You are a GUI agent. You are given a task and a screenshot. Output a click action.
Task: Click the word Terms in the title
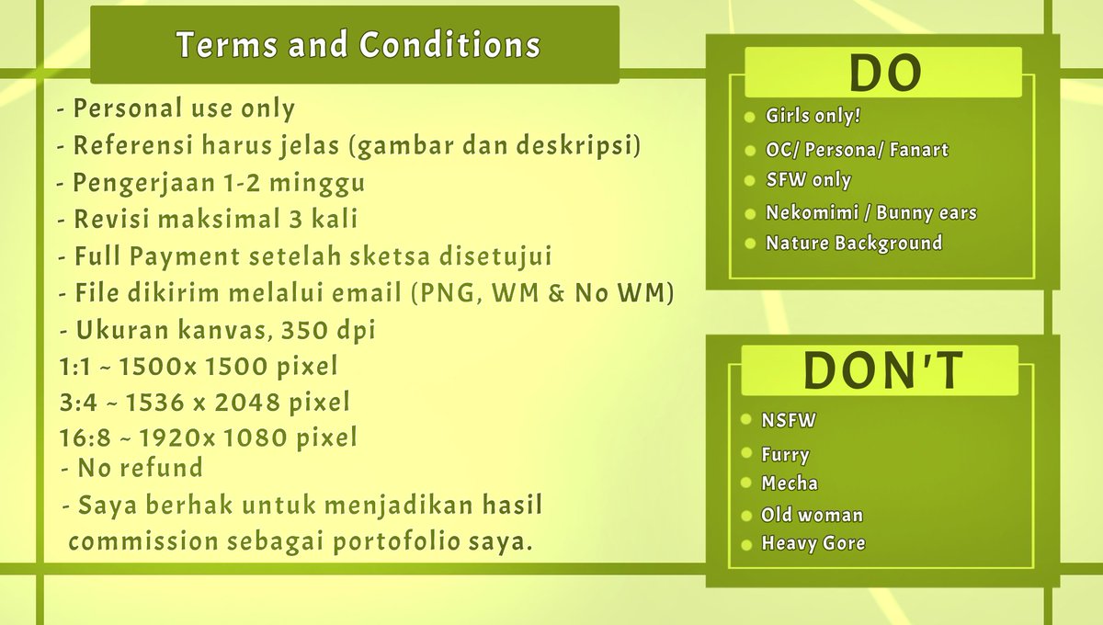click(227, 44)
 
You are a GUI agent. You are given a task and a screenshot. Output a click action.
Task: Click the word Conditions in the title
click(450, 44)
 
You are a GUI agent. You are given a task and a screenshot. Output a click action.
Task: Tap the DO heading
click(885, 74)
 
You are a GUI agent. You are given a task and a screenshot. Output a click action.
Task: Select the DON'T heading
click(883, 370)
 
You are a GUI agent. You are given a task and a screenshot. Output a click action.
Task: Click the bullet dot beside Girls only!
click(749, 118)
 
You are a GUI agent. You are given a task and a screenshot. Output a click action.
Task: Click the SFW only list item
click(809, 180)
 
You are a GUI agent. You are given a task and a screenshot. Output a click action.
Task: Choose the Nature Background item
click(854, 244)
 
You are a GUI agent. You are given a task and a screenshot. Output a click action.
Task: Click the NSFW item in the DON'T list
click(789, 420)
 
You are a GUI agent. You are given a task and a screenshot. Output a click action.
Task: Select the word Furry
click(785, 455)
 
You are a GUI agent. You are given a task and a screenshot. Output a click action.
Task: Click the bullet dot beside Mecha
click(746, 483)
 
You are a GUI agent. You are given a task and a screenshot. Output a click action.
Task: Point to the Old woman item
click(812, 516)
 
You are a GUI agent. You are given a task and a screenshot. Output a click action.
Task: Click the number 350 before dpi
click(304, 330)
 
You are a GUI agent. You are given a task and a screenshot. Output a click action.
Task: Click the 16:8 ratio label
click(85, 437)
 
